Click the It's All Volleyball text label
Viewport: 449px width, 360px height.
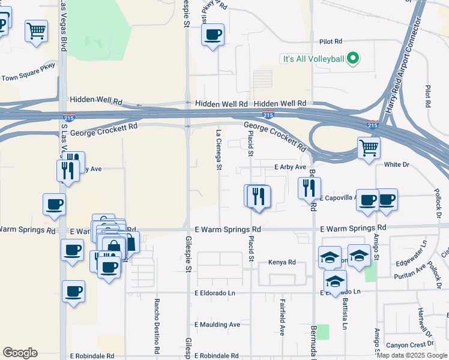click(313, 59)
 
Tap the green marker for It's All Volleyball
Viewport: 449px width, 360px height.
click(353, 59)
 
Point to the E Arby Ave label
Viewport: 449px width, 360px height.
click(291, 167)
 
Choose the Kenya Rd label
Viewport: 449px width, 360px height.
click(283, 262)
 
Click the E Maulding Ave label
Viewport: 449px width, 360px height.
click(217, 325)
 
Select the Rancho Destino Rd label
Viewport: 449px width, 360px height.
click(157, 325)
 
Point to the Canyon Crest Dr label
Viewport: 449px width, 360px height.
click(410, 344)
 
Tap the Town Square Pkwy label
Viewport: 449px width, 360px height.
click(28, 72)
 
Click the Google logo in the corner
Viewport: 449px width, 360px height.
click(20, 353)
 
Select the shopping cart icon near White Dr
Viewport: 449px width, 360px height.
click(369, 147)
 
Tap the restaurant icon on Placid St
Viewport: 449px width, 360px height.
click(259, 196)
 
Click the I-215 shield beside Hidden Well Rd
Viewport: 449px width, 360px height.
click(268, 114)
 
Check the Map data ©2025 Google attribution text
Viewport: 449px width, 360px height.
click(412, 355)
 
